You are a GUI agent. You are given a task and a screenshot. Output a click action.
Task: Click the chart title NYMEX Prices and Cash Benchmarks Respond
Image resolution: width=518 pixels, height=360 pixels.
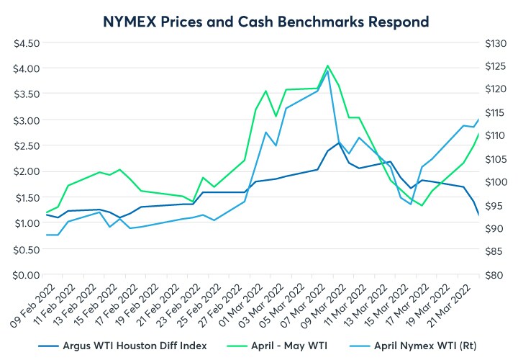point(260,21)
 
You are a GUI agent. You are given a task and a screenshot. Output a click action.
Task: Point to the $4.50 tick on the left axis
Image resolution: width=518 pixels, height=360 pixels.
point(27,42)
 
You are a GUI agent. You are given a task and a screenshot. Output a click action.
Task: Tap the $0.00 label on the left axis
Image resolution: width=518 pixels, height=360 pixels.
point(27,274)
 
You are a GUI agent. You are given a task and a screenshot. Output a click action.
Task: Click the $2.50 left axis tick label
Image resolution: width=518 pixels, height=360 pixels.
point(27,145)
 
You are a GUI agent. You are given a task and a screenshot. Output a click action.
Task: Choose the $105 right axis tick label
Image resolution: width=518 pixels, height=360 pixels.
point(496,158)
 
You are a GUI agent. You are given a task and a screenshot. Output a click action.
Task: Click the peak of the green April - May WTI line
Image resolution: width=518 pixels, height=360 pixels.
point(328,66)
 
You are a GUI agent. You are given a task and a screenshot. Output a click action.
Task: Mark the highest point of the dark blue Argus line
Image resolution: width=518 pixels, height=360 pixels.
point(339,143)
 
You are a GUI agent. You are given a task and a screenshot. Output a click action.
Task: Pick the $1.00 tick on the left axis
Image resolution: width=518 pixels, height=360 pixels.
point(27,222)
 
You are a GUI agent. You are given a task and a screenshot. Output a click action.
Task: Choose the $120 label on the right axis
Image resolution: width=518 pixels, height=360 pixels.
point(496,89)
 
